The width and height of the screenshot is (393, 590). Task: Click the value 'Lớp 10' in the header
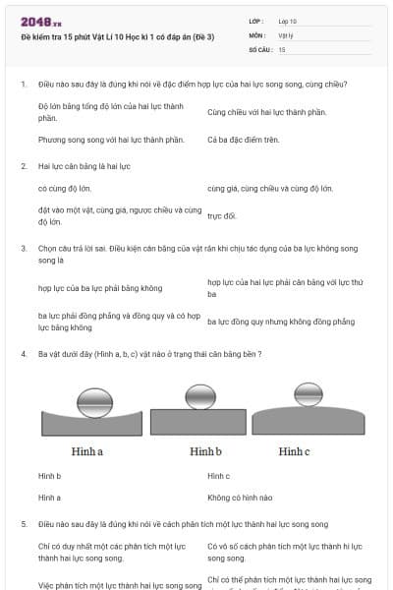288,21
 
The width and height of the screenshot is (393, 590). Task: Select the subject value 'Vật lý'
285,34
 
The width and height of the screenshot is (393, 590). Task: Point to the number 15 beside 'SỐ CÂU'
282,48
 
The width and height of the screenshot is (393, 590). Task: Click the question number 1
23,85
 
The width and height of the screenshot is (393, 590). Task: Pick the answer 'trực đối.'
222,215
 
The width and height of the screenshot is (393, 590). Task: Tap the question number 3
23,250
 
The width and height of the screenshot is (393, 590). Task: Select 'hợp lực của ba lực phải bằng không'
100,288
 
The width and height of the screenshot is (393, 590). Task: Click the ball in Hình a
95,401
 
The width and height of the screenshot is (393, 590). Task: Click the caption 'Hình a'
87,451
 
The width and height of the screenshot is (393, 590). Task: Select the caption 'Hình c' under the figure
294,451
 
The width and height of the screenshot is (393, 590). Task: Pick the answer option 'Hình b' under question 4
50,476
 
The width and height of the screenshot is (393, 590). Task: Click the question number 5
23,524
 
